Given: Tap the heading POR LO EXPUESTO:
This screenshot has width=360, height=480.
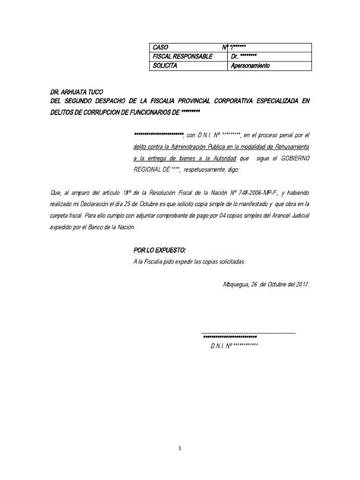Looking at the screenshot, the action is [158, 249].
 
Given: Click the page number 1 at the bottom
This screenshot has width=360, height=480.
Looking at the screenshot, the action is [180, 449].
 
